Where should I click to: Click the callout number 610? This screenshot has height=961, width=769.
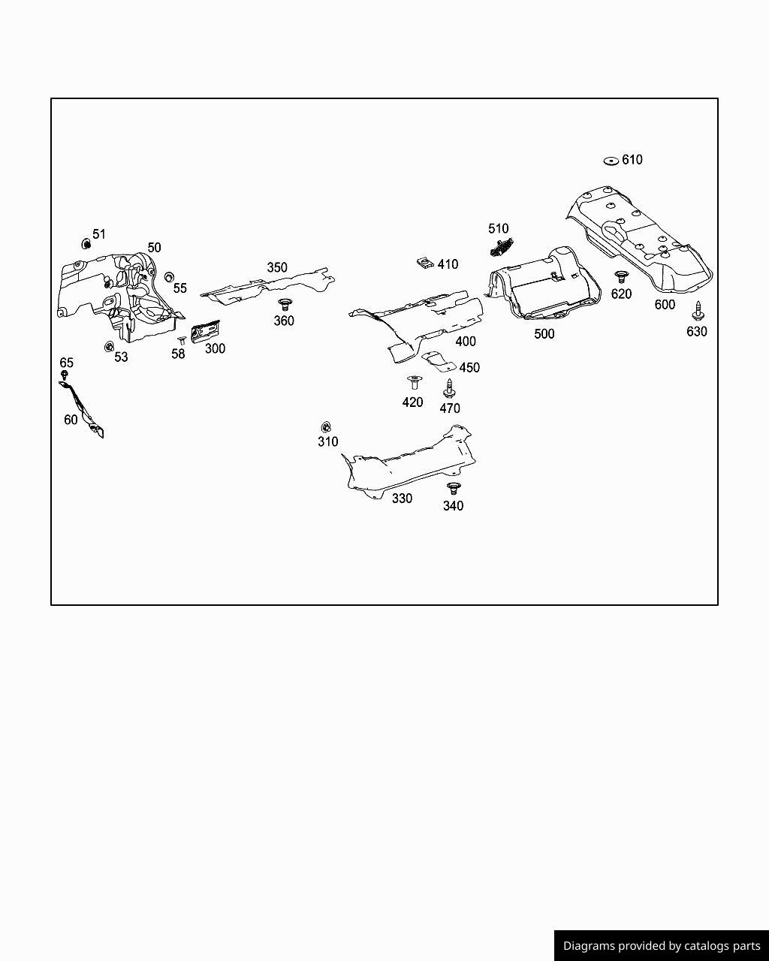(x=632, y=160)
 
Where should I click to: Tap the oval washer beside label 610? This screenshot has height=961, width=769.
(x=611, y=161)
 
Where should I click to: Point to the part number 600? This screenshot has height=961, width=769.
(x=665, y=305)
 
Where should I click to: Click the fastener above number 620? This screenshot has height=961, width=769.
(x=621, y=277)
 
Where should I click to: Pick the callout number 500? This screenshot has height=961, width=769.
(x=544, y=334)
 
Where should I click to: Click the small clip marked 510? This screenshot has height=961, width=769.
(x=502, y=246)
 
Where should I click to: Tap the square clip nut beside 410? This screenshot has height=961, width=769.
(x=425, y=263)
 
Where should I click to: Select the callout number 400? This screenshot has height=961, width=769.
(x=466, y=342)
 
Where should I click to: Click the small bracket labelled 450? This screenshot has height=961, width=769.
(x=439, y=362)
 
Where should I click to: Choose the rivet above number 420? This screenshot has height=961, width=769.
(x=413, y=382)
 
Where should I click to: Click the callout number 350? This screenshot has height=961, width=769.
(x=277, y=267)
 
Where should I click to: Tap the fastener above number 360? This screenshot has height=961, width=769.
(x=284, y=304)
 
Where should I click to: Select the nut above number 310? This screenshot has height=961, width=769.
(x=327, y=427)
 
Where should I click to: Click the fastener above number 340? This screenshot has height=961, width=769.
(x=453, y=488)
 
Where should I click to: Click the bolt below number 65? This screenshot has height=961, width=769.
(x=65, y=374)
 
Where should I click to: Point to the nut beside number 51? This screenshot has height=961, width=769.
(x=86, y=243)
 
